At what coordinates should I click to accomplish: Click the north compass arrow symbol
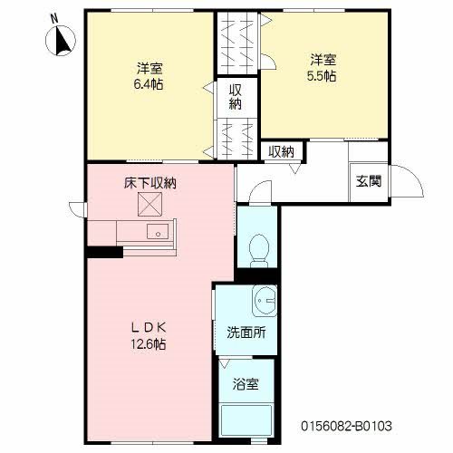pos(62,41)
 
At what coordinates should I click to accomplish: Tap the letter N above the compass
pos(53,17)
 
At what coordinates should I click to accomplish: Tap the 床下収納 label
pos(149,183)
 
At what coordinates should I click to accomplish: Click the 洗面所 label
pos(246,332)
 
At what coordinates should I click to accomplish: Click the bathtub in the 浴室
pos(249,419)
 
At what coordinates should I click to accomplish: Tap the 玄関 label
pos(368,180)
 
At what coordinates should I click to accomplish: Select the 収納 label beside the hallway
pos(282,152)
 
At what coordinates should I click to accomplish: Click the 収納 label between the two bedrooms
pos(235,96)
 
